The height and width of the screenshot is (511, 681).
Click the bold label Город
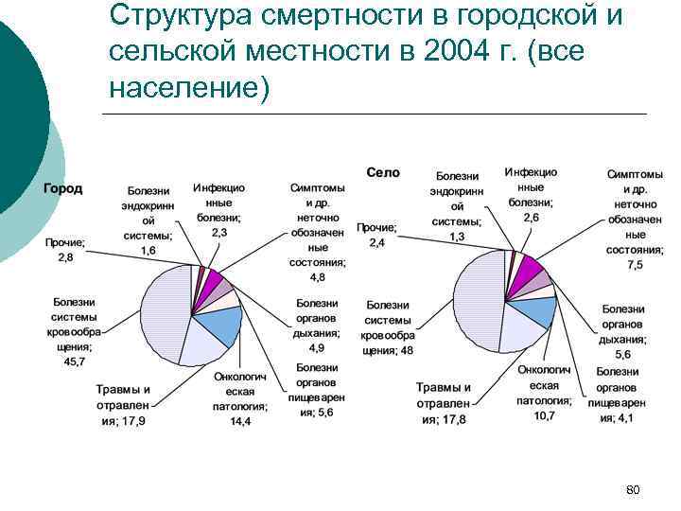click(x=62, y=187)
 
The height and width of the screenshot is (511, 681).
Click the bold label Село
click(x=383, y=172)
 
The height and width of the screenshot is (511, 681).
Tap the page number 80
click(x=634, y=489)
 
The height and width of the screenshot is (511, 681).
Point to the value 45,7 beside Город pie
click(x=73, y=361)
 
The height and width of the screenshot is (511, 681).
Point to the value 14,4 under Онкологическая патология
click(x=241, y=421)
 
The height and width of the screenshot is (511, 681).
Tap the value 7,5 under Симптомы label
click(x=634, y=265)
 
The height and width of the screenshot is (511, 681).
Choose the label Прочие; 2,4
click(x=376, y=236)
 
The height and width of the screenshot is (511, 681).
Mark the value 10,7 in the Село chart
click(x=544, y=414)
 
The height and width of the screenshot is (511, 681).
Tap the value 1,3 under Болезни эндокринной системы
click(x=457, y=236)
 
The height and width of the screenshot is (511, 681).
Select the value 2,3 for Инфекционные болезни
click(x=218, y=231)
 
